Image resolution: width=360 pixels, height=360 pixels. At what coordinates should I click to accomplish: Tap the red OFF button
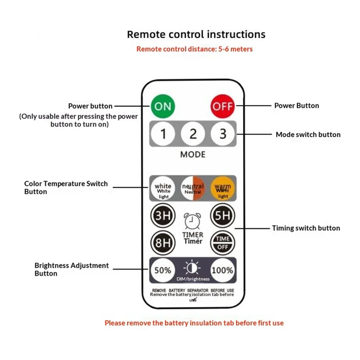[x=222, y=106]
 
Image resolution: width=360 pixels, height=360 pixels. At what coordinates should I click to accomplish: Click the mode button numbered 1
[x=164, y=134]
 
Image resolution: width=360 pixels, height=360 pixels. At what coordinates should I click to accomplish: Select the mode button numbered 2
[x=193, y=134]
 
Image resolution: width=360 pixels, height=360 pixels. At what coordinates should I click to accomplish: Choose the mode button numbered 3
[x=222, y=134]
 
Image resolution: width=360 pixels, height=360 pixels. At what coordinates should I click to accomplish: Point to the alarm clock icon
[x=193, y=221]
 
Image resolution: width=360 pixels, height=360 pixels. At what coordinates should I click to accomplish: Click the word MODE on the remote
[x=193, y=154]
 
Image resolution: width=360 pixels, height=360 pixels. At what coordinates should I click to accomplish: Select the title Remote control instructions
[x=196, y=34]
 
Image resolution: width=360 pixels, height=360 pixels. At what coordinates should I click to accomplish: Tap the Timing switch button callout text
[x=306, y=228]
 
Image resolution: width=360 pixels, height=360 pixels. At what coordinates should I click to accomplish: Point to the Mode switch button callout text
[x=308, y=135]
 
